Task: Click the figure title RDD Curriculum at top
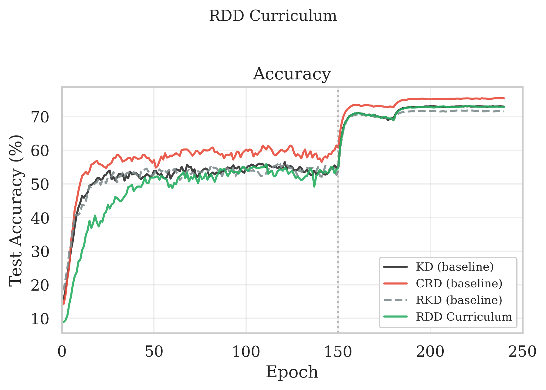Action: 273,16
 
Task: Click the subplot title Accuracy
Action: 292,74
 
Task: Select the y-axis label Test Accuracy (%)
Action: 16,210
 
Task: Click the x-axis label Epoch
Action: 292,372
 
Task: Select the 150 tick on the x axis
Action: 338,352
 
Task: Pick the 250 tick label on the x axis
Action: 522,352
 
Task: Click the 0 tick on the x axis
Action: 62,352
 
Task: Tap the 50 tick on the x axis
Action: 154,352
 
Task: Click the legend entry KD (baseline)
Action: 454,267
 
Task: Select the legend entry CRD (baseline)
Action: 459,284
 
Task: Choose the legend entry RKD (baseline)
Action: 459,300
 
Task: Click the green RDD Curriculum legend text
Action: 464,317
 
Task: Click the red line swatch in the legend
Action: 395,284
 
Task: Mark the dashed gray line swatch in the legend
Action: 395,300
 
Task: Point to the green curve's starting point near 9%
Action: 64,322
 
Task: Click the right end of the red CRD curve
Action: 504,98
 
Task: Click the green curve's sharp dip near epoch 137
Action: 314,186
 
